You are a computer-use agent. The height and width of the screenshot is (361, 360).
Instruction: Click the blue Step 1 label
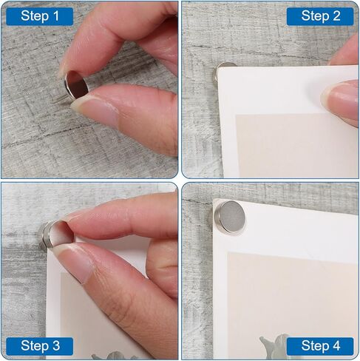pos(39,16)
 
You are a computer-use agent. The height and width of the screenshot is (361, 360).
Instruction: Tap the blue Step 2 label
pos(320,16)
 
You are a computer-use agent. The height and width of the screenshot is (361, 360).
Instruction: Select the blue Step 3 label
pos(39,345)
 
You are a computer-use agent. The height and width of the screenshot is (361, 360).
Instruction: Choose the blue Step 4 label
pos(320,345)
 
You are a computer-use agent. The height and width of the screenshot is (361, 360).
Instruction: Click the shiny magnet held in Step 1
pos(76,84)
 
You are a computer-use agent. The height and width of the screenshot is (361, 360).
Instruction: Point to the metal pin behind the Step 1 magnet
pos(61,95)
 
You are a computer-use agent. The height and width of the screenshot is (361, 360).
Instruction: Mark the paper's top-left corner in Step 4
pos(216,200)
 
